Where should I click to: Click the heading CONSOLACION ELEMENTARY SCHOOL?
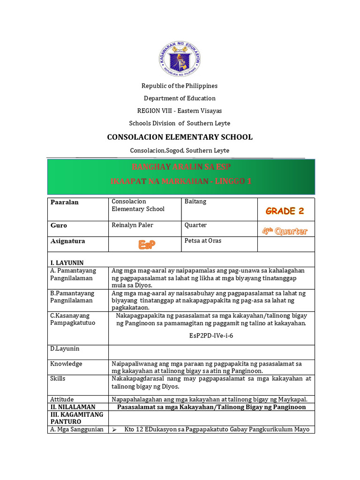coord(180,137)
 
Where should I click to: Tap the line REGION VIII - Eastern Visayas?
coord(180,111)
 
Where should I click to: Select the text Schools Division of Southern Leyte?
coord(180,123)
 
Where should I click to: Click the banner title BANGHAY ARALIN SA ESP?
coord(181,167)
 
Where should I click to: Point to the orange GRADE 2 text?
coord(285,211)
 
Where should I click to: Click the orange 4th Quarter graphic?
coord(285,231)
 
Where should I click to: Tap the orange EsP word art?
coord(146,245)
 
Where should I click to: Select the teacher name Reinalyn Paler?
coord(133,225)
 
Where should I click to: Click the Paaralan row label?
coord(65,202)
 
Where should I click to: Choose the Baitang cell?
coord(195,202)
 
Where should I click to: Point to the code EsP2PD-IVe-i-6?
coord(211,336)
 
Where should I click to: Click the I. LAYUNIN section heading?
coord(67,263)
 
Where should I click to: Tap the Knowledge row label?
coord(66,364)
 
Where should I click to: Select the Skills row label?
coord(58,378)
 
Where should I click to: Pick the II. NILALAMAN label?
coord(73,407)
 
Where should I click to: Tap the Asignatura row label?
coord(68,241)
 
